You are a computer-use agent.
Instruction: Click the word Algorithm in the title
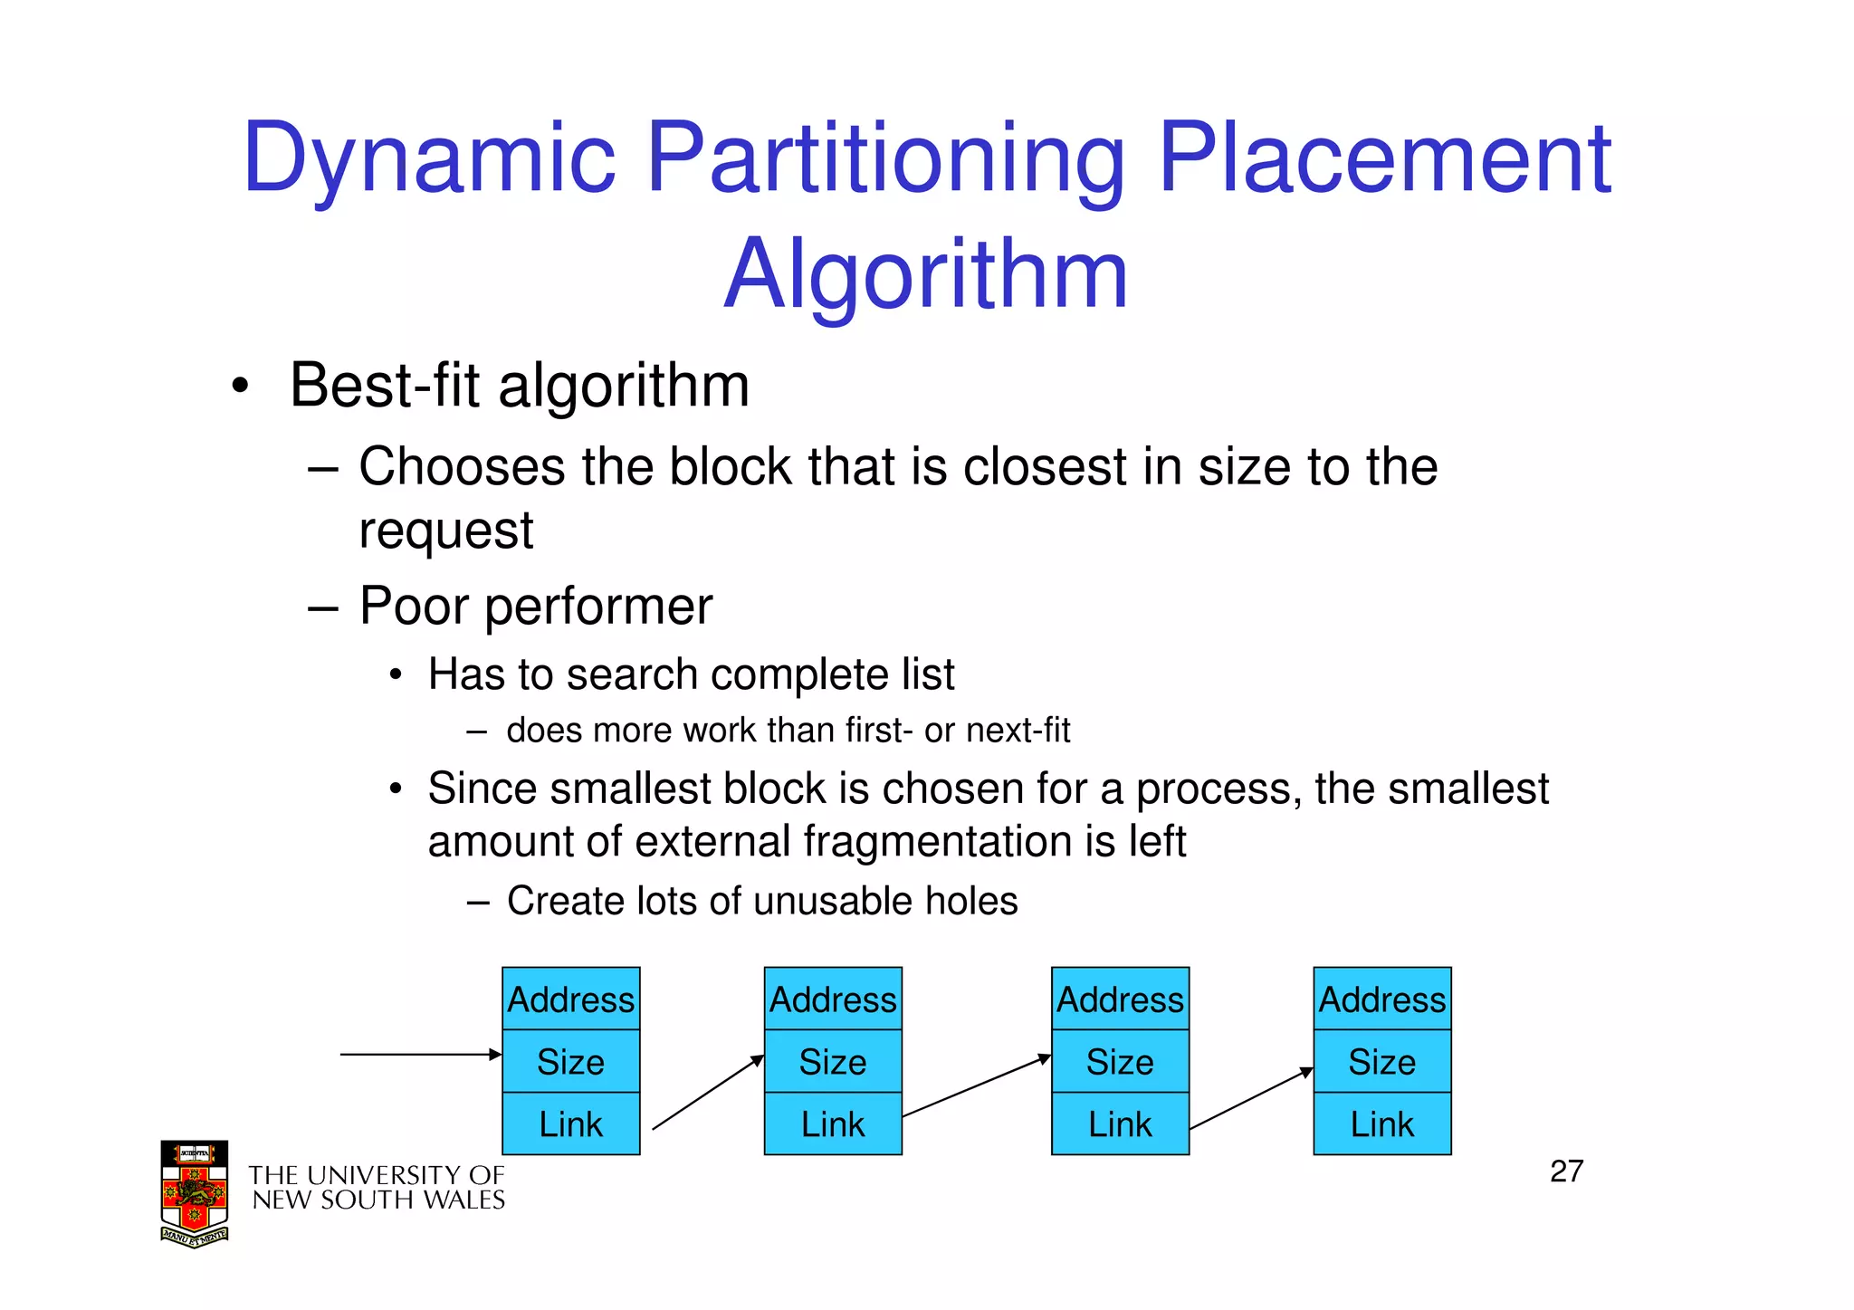pyautogui.click(x=925, y=274)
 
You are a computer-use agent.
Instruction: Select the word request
pyautogui.click(x=445, y=531)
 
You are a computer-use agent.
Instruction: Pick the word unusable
pyautogui.click(x=837, y=902)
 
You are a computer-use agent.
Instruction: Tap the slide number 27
pyautogui.click(x=1566, y=1171)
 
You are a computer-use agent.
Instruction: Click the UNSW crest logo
pyautogui.click(x=195, y=1193)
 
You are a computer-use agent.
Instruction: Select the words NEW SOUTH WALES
pyautogui.click(x=378, y=1200)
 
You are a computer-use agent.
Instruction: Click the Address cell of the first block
pyautogui.click(x=571, y=999)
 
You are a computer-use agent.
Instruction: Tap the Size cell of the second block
pyautogui.click(x=833, y=1062)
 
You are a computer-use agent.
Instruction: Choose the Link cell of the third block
pyautogui.click(x=1120, y=1124)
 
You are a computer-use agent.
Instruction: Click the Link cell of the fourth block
pyautogui.click(x=1382, y=1124)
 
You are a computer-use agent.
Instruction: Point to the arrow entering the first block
pyautogui.click(x=421, y=1055)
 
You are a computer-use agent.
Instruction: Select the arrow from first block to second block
pyautogui.click(x=708, y=1093)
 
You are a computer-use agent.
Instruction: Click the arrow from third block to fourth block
pyautogui.click(x=1251, y=1099)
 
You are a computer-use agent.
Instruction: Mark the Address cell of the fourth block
pyautogui.click(x=1382, y=999)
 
